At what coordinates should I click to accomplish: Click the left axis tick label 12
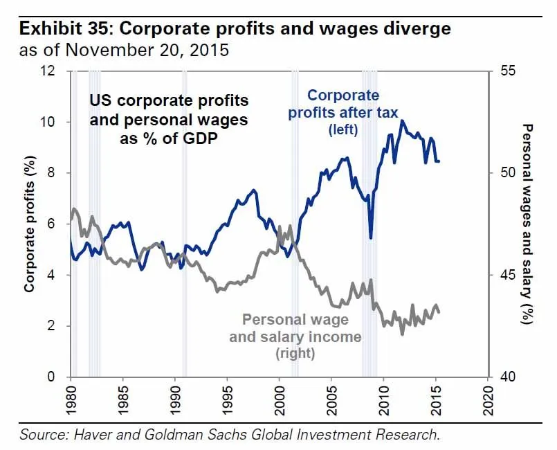(56, 71)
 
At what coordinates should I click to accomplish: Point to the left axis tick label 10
(56, 123)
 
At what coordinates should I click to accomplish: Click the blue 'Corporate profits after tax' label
(343, 111)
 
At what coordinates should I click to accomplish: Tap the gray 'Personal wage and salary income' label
(295, 336)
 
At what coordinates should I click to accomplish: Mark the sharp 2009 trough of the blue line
(371, 237)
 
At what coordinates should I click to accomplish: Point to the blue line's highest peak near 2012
(402, 122)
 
